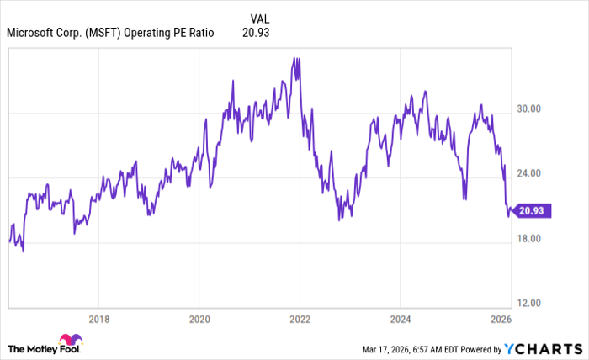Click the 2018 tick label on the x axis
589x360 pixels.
pos(98,319)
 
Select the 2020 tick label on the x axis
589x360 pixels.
pos(199,319)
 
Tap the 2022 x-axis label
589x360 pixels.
pos(300,319)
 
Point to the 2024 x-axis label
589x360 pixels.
pos(401,319)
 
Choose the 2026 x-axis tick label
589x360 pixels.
pos(501,319)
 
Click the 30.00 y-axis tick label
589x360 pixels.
pos(528,109)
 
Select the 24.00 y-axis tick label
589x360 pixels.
pos(528,174)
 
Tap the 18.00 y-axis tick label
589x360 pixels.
pos(528,239)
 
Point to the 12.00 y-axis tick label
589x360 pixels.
pos(528,304)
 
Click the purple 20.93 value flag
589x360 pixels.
pos(532,211)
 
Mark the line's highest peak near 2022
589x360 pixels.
pos(294,58)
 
